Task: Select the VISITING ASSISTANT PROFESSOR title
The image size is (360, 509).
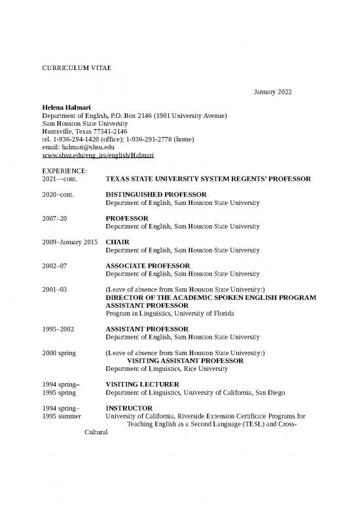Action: [x=185, y=361]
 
